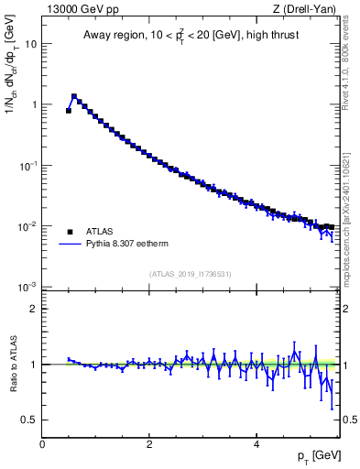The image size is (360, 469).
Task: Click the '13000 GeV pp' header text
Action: (x=80, y=10)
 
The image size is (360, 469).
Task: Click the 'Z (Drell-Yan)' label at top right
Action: (x=309, y=10)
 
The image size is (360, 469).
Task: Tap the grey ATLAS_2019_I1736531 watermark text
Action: (x=191, y=274)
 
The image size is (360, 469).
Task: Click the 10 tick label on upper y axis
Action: (x=31, y=44)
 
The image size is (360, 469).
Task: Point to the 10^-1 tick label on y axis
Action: (x=27, y=165)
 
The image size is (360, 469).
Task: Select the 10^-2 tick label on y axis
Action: (x=27, y=225)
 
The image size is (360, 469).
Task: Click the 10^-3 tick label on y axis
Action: (x=27, y=287)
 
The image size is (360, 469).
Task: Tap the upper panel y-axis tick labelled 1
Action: (x=34, y=104)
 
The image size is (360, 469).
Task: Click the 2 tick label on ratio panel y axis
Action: (x=34, y=309)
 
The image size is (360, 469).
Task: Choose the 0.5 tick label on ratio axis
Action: (x=29, y=420)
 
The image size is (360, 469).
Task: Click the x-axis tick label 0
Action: (x=42, y=444)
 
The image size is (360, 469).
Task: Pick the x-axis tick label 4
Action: (x=256, y=444)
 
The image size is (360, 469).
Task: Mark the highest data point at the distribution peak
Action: (x=74, y=95)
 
